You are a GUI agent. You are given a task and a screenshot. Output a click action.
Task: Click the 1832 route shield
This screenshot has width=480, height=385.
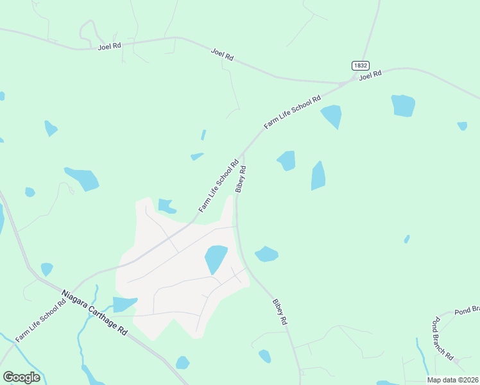pyautogui.click(x=359, y=65)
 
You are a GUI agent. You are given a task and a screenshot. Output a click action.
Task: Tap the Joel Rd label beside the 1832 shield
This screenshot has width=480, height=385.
pyautogui.click(x=370, y=75)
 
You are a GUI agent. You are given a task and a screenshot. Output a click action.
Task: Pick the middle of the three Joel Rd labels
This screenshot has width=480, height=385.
pyautogui.click(x=222, y=54)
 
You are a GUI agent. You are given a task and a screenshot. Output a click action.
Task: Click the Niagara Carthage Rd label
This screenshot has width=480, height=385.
pyautogui.click(x=94, y=312)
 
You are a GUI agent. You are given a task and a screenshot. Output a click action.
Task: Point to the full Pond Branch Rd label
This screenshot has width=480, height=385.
pyautogui.click(x=443, y=338)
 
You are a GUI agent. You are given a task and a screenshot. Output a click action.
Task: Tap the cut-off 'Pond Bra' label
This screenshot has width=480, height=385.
pyautogui.click(x=467, y=311)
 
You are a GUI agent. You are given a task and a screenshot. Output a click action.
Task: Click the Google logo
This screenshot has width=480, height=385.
pyautogui.click(x=21, y=377)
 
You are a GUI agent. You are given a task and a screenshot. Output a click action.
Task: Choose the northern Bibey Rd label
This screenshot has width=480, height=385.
pyautogui.click(x=241, y=180)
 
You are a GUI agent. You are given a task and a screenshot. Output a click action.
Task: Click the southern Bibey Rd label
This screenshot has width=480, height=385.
pyautogui.click(x=279, y=311)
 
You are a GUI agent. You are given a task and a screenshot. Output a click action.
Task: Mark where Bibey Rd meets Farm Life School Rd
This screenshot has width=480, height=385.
pyautogui.click(x=242, y=154)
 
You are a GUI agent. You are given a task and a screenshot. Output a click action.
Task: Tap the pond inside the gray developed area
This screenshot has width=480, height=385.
pyautogui.click(x=216, y=258)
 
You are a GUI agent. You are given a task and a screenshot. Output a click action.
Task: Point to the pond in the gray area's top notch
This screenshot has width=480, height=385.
pyautogui.click(x=166, y=205)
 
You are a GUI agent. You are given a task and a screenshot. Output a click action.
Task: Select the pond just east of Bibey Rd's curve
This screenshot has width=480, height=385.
pyautogui.click(x=266, y=254)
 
